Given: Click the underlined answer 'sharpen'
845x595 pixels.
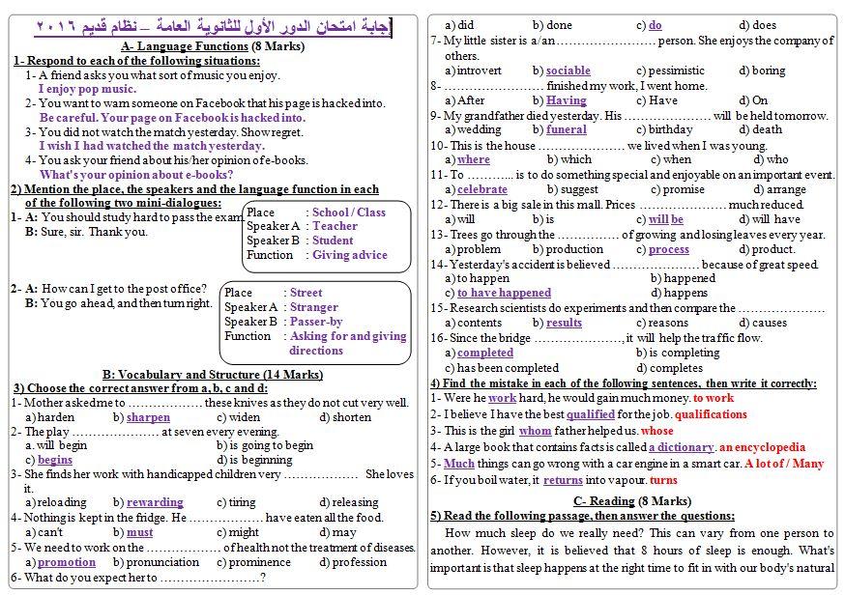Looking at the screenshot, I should (148, 417).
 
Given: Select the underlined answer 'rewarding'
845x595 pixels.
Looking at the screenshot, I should (155, 502).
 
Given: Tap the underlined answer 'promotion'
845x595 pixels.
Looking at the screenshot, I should (66, 562).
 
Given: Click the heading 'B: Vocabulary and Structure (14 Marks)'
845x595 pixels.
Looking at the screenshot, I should (213, 375).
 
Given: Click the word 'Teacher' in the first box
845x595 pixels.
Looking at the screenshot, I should (335, 226).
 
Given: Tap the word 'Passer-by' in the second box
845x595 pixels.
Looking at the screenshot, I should (316, 322).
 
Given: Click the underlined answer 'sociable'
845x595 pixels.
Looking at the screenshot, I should (568, 71).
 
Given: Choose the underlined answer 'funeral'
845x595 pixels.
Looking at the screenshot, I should (566, 129).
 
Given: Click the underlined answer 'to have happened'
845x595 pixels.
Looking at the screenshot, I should (504, 293).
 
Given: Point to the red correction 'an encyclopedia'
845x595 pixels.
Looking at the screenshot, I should (762, 447).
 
